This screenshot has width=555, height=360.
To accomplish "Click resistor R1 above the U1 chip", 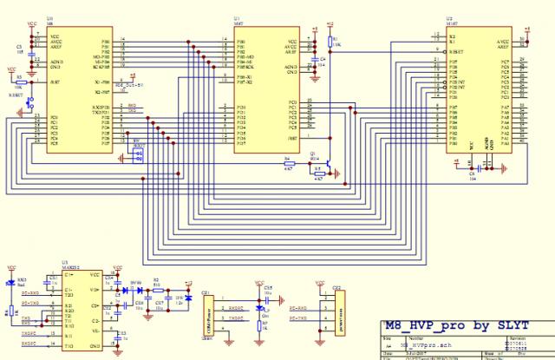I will [x=328, y=43].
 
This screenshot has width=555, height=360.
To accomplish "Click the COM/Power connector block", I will [x=207, y=313].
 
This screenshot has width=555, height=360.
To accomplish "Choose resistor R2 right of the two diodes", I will [x=156, y=290].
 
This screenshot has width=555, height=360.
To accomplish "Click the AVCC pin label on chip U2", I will [x=500, y=42].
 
